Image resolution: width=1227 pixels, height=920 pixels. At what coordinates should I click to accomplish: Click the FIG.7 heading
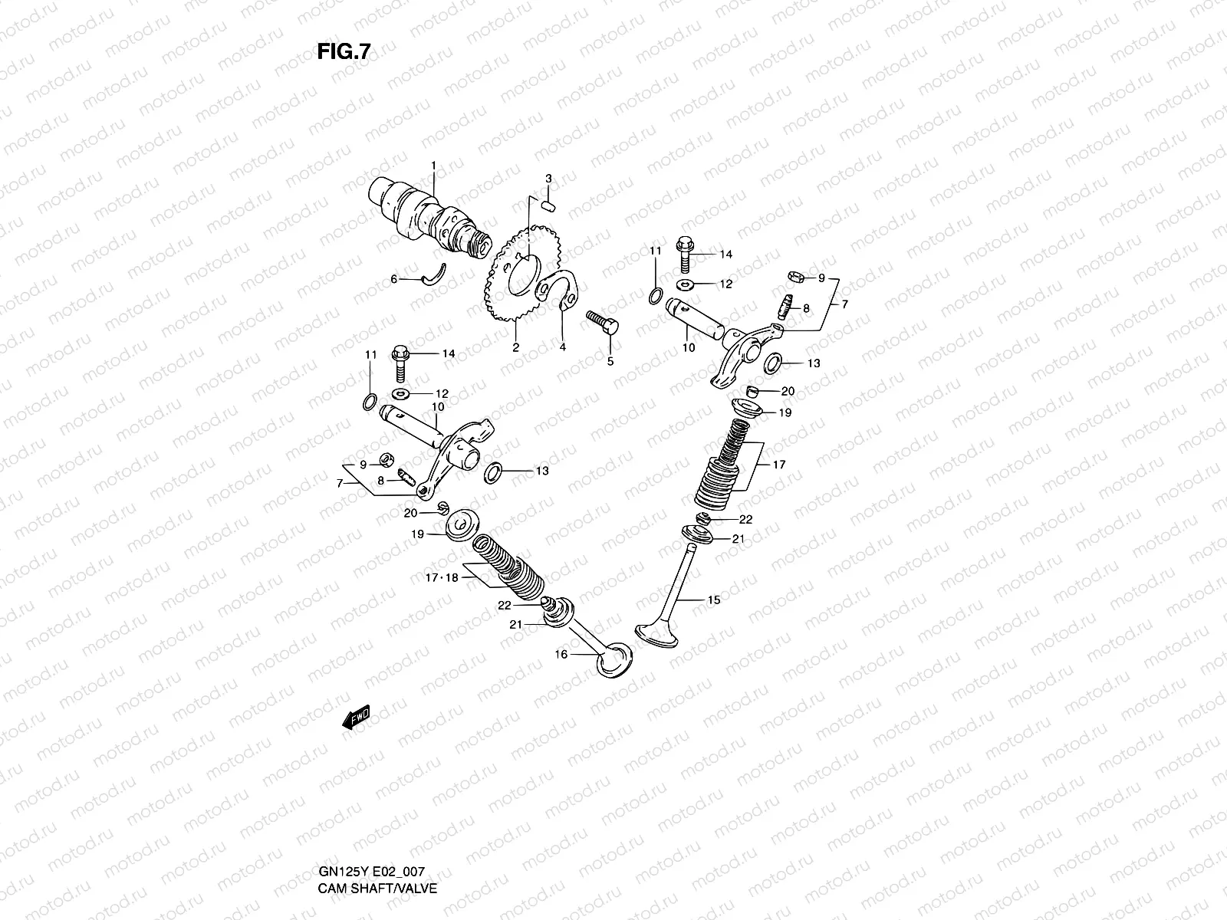point(344,51)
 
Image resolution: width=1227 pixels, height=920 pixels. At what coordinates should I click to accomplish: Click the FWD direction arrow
point(357,717)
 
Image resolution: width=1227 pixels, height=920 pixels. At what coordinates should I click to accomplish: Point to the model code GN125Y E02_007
point(371,809)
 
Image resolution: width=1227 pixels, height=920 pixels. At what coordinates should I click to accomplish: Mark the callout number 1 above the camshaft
point(433,166)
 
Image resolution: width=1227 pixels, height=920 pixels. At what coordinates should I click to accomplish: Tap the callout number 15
point(714,600)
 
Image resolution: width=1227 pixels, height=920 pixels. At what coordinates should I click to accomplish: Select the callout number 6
point(394,280)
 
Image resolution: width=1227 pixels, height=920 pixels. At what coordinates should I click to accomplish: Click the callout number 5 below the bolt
point(610,361)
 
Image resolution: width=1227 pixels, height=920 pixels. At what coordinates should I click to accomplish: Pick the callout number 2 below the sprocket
point(516,347)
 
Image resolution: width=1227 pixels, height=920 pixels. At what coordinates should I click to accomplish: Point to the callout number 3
point(548,179)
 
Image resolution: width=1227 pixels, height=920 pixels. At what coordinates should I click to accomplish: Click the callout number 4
point(562,347)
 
